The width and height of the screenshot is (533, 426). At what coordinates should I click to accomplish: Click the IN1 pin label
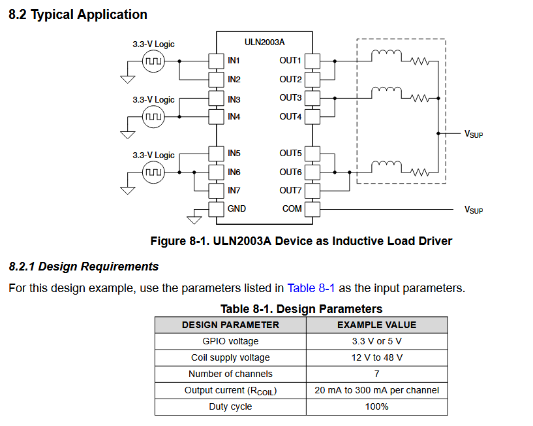click(234, 61)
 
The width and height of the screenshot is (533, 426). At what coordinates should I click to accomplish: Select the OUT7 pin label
click(290, 190)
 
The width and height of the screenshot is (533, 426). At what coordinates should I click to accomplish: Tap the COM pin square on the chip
click(312, 209)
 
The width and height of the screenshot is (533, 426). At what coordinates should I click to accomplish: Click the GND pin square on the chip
click(216, 209)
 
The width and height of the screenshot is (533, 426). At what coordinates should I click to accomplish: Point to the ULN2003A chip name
click(264, 42)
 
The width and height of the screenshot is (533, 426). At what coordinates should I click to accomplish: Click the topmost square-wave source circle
click(153, 61)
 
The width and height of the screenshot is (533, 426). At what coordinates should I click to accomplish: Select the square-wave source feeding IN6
click(153, 172)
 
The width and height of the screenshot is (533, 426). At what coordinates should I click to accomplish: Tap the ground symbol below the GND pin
click(194, 220)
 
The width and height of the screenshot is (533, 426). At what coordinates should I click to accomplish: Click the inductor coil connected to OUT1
click(386, 55)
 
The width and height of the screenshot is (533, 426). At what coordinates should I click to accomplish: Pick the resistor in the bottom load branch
click(419, 172)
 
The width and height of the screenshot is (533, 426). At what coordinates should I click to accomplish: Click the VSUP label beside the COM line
click(474, 210)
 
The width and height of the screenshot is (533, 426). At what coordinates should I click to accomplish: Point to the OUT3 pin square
click(312, 98)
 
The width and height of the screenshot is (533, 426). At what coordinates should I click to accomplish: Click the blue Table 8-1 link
click(311, 288)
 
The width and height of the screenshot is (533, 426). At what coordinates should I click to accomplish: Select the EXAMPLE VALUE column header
click(376, 325)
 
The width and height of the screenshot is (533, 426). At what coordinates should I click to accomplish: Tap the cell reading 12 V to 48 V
click(376, 357)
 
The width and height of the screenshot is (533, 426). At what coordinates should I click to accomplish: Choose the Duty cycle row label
click(230, 406)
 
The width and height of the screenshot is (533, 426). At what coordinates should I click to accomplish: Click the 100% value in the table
click(376, 406)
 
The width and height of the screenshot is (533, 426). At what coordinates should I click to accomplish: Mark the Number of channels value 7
click(376, 374)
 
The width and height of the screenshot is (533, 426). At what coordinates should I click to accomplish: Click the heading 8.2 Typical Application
click(78, 14)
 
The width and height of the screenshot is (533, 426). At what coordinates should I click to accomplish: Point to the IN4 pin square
click(216, 117)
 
